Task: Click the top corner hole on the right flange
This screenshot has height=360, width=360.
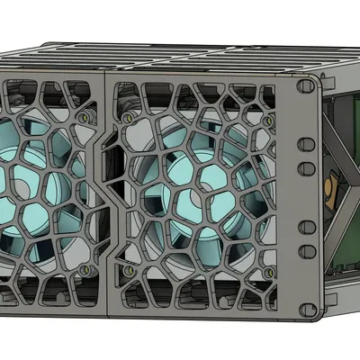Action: [302, 88]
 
